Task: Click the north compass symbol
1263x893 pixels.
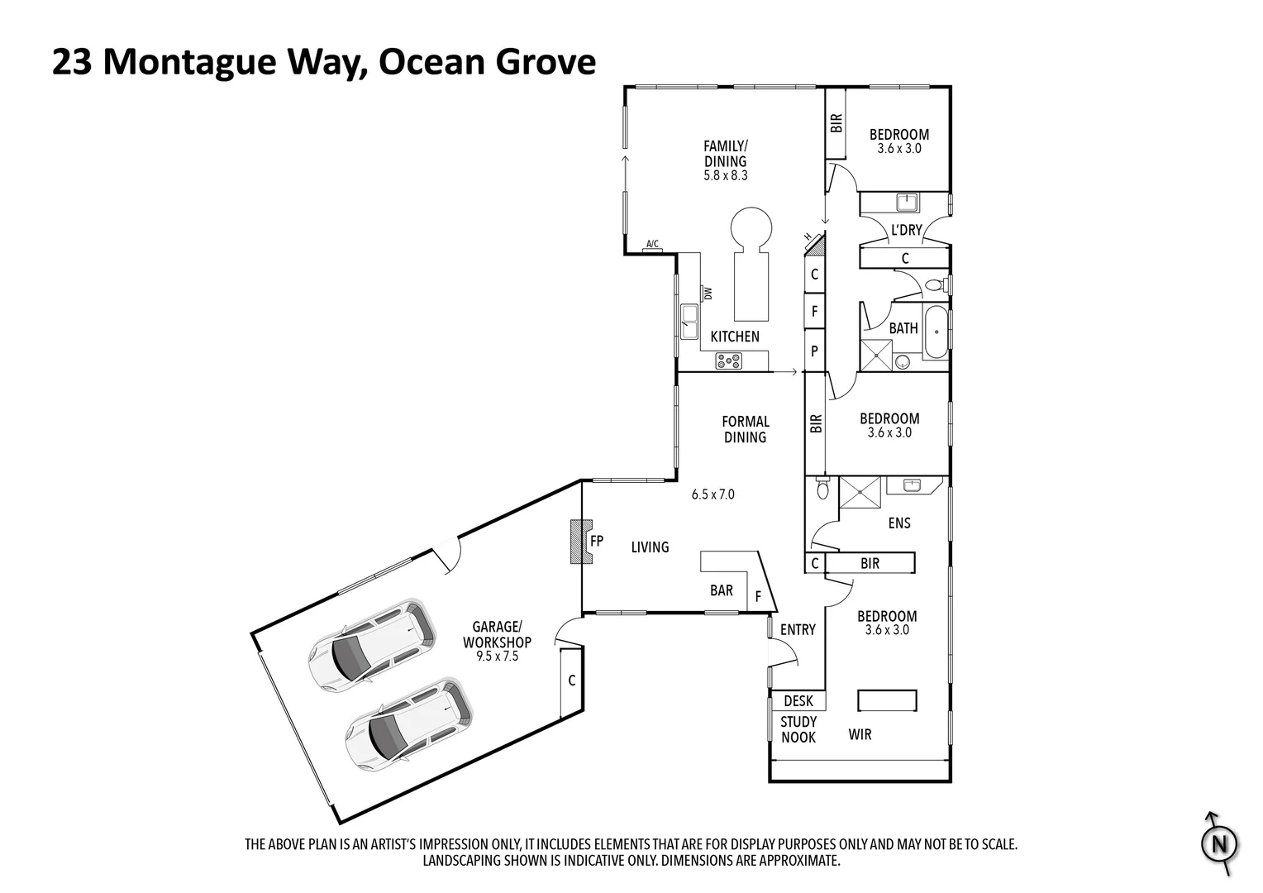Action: (1219, 844)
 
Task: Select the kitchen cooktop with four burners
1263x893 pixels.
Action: (728, 361)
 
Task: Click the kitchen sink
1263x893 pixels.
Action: (689, 318)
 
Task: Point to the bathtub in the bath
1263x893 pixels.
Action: (937, 332)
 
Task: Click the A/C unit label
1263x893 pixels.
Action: (652, 244)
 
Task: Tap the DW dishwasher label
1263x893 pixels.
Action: (708, 293)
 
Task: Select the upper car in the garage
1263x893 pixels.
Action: (372, 643)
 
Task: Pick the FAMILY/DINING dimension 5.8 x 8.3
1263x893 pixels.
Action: (725, 175)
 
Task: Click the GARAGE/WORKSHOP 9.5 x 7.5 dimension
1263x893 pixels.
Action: (497, 657)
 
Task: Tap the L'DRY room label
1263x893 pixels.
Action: (906, 231)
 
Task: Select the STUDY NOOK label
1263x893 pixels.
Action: (798, 729)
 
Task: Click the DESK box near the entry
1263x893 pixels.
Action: (798, 701)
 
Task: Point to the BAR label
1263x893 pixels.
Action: (721, 590)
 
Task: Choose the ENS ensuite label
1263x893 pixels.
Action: (898, 523)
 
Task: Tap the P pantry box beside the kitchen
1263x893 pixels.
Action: (814, 351)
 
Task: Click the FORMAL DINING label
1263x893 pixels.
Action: (745, 429)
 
